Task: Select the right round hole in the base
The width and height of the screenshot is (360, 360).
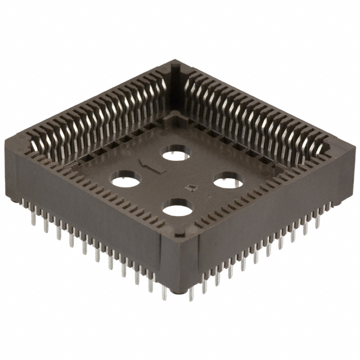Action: pos(227,181)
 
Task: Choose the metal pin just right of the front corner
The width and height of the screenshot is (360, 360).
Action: pos(191,290)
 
